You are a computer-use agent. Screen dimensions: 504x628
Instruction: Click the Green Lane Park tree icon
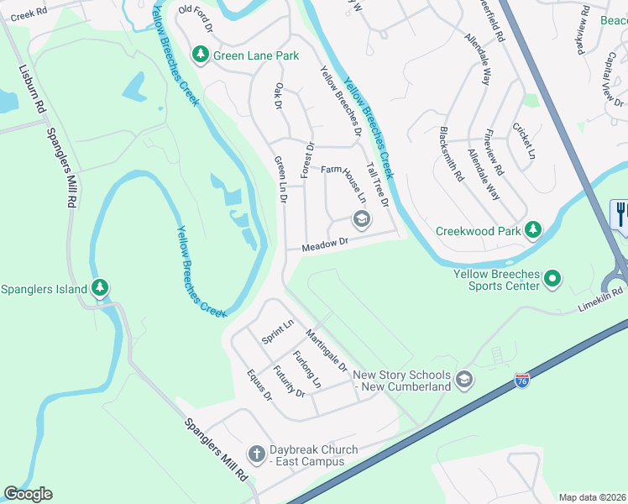(200, 55)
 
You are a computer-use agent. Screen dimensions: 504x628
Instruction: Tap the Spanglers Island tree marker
(100, 289)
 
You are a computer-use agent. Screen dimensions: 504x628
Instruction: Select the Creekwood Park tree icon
(531, 229)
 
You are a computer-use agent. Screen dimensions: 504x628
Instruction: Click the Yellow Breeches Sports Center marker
(552, 278)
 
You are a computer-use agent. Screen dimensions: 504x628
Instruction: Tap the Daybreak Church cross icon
(258, 454)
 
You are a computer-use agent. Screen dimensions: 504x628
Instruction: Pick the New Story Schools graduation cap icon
(464, 381)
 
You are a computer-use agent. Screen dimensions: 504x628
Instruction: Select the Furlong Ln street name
(306, 369)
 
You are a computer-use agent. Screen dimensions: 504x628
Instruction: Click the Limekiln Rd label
(600, 300)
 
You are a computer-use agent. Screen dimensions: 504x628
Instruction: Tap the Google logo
(28, 494)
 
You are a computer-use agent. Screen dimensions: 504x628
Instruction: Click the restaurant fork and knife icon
(621, 213)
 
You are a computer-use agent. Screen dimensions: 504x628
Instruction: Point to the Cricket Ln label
(523, 140)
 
